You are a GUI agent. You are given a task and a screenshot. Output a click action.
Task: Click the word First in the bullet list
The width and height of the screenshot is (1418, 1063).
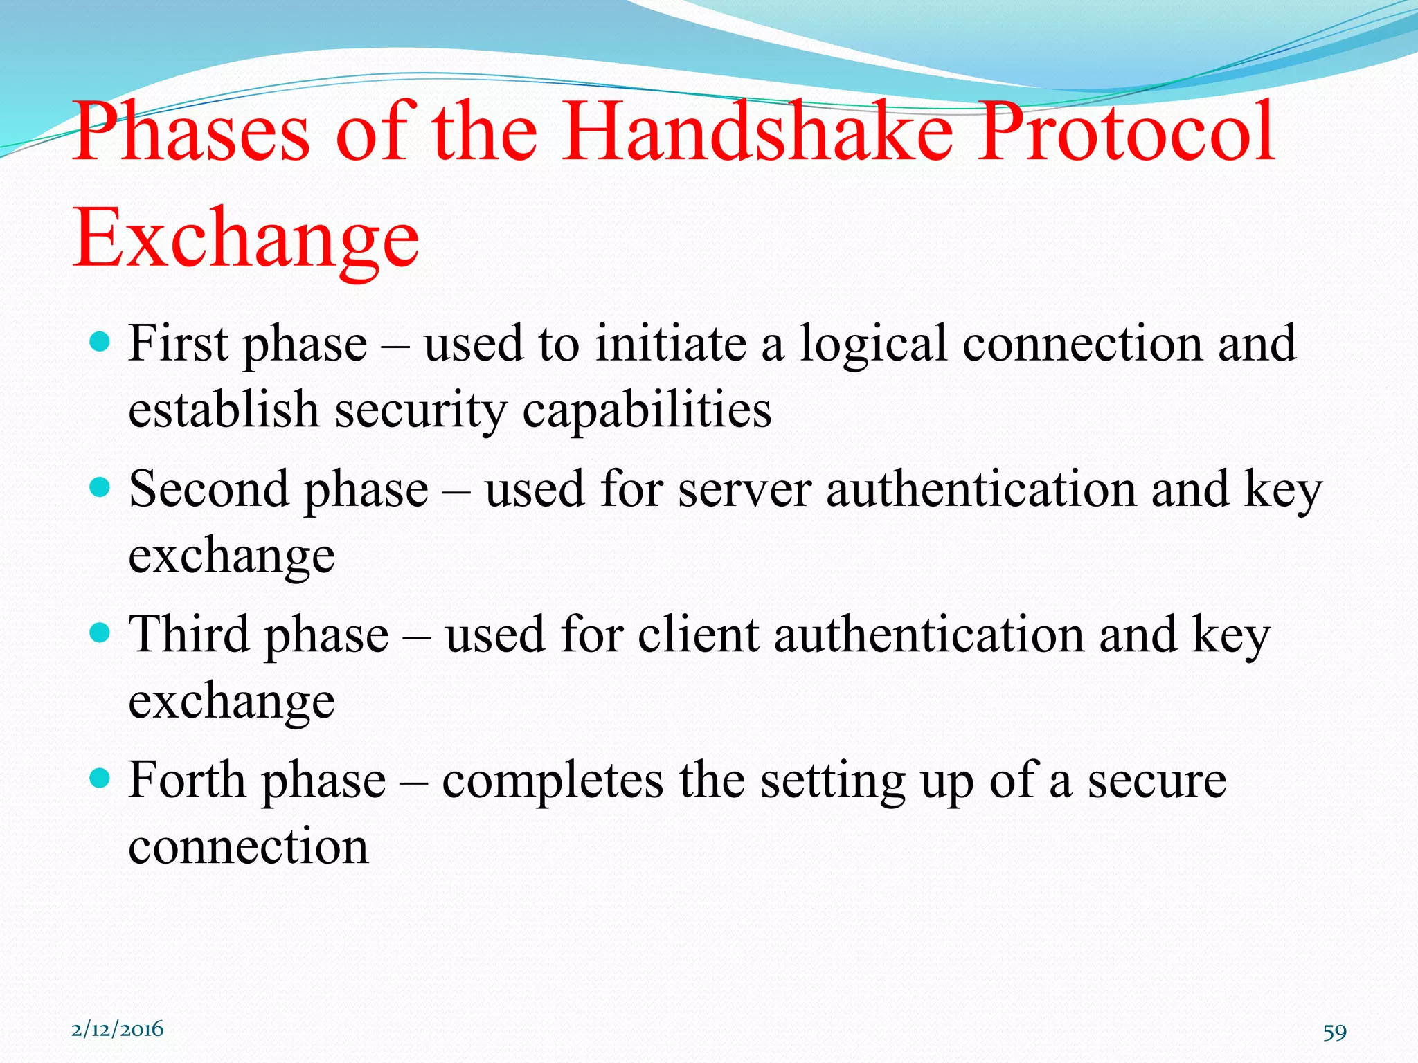[x=178, y=343]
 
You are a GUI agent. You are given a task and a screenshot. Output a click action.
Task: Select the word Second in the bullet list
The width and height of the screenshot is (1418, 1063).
[x=208, y=489]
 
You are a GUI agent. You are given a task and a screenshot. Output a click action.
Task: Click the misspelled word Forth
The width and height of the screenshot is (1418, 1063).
[x=187, y=781]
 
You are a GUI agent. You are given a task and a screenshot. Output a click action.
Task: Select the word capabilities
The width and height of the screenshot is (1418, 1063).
[x=647, y=410]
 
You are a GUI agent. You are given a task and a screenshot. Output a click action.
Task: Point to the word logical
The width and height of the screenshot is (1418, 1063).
[x=874, y=345]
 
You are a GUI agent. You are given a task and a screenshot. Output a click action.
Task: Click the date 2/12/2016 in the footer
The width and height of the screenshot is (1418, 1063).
[x=118, y=1029]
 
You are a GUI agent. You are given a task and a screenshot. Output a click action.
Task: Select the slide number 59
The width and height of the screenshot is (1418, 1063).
[x=1334, y=1032]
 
